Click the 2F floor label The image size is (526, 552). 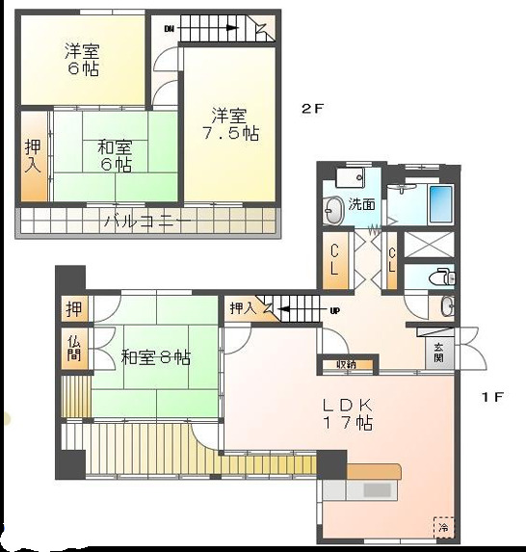click(310, 109)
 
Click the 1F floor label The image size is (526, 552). click(491, 395)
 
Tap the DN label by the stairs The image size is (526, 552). click(170, 29)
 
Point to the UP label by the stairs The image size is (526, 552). click(334, 310)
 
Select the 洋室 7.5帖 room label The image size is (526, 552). click(229, 125)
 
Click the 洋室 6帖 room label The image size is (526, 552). click(83, 59)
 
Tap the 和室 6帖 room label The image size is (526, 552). click(115, 156)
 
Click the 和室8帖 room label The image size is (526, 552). click(155, 357)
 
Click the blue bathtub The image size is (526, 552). click(440, 203)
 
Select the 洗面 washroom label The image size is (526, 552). click(362, 204)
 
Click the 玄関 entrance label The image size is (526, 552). click(437, 353)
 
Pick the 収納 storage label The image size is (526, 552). click(347, 365)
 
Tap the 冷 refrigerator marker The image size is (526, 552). click(442, 527)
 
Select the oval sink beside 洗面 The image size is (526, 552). click(333, 208)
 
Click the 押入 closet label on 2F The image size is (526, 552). click(32, 157)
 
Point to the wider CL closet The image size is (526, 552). click(333, 260)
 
